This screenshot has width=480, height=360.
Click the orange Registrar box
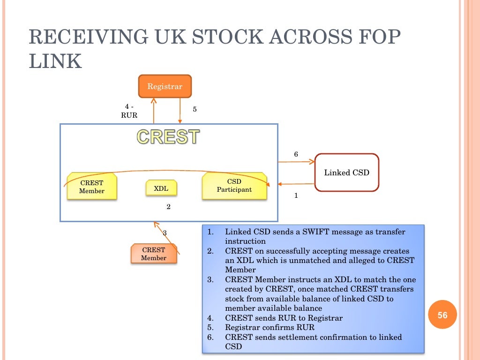point(165,86)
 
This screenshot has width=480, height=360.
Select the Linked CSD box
point(346,172)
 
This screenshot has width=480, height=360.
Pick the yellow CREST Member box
point(91,187)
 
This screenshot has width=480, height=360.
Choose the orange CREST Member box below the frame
point(153,254)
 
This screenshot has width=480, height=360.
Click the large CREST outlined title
point(168,137)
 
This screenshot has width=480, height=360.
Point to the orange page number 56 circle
point(442,315)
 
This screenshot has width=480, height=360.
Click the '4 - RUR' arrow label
point(128,111)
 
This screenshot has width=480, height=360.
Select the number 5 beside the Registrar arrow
point(195,109)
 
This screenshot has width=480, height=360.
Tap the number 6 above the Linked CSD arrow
point(296,154)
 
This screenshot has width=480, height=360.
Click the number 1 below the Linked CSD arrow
point(296,196)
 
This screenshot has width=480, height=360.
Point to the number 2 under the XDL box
point(168,206)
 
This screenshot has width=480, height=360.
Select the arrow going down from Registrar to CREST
point(180,111)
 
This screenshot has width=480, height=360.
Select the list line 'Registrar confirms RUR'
point(270,328)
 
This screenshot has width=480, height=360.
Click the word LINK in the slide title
point(55,61)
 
